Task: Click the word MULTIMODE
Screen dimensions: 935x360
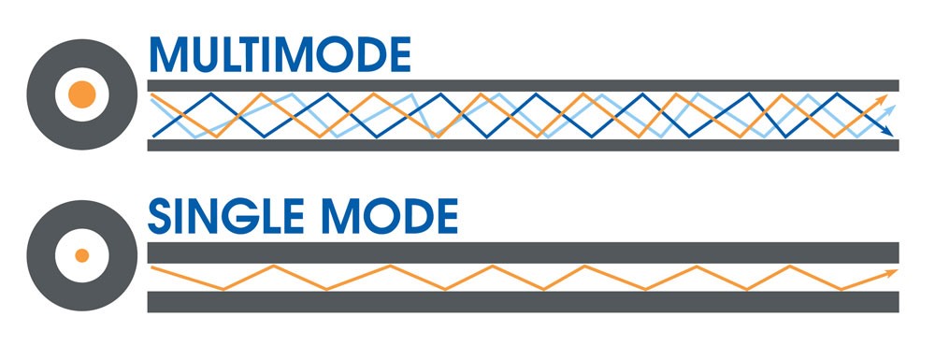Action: click(x=280, y=54)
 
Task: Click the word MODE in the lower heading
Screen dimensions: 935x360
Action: click(x=387, y=216)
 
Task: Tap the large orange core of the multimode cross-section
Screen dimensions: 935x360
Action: click(x=81, y=94)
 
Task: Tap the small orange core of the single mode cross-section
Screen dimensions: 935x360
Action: click(x=81, y=255)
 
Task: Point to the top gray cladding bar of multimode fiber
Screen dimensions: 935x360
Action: click(x=523, y=85)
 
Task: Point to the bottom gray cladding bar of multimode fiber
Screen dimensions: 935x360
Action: click(x=523, y=146)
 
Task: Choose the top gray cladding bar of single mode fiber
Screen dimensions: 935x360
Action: click(x=523, y=252)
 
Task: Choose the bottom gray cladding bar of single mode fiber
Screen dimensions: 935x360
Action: click(x=523, y=302)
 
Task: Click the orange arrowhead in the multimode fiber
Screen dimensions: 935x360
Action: click(x=884, y=99)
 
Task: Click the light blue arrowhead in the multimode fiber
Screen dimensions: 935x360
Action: click(x=890, y=110)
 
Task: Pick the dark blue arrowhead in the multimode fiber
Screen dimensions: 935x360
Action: click(x=887, y=131)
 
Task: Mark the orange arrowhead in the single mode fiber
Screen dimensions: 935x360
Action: click(x=892, y=272)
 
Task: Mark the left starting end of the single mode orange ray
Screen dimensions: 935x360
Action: click(x=152, y=267)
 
